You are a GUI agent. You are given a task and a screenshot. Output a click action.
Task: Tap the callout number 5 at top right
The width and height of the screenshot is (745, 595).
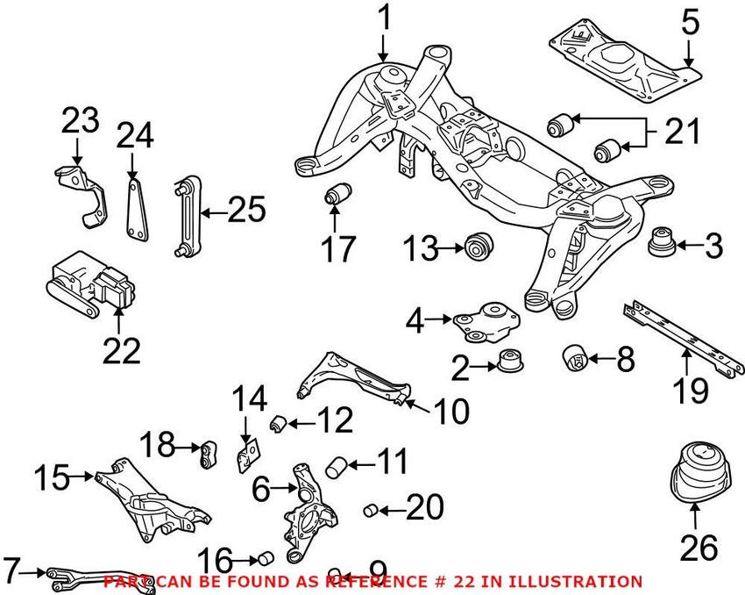(691, 21)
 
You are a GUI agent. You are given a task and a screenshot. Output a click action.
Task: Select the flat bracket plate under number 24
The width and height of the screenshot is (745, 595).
(135, 211)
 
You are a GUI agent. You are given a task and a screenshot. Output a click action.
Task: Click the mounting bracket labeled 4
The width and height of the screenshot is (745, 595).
(483, 322)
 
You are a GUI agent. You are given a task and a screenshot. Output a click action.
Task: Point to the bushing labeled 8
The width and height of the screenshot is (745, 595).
(575, 357)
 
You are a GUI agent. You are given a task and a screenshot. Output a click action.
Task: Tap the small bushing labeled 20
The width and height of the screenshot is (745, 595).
(372, 508)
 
